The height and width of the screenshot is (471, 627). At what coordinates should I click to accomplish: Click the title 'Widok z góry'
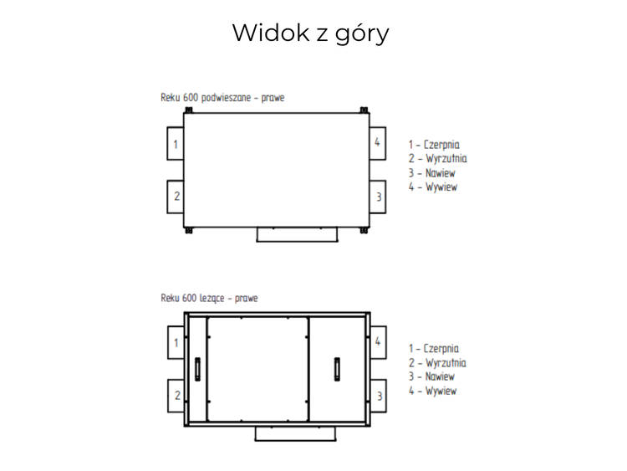pyautogui.click(x=310, y=33)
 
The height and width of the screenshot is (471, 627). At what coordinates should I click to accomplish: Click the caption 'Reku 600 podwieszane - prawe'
pyautogui.click(x=222, y=98)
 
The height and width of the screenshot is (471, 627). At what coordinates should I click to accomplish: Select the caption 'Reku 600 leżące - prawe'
pyautogui.click(x=209, y=298)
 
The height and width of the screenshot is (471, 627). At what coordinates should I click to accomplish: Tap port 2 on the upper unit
pyautogui.click(x=175, y=197)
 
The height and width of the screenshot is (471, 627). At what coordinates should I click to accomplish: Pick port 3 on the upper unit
pyautogui.click(x=379, y=197)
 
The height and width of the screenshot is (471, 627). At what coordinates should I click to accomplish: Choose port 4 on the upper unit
pyautogui.click(x=379, y=143)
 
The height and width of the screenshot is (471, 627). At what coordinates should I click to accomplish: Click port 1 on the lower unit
pyautogui.click(x=175, y=342)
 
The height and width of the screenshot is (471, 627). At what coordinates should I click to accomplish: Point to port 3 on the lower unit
pyautogui.click(x=379, y=395)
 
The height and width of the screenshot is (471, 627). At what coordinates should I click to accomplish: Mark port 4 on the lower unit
pyautogui.click(x=379, y=341)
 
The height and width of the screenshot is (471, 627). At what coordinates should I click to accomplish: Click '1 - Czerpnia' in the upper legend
pyautogui.click(x=434, y=145)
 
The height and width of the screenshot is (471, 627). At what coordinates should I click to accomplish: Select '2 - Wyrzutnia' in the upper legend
pyautogui.click(x=437, y=159)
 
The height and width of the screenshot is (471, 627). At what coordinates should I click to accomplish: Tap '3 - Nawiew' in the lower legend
pyautogui.click(x=432, y=377)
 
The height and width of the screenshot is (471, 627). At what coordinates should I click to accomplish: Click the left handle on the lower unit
pyautogui.click(x=197, y=367)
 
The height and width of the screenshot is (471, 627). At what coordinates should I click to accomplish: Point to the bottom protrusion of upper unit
pyautogui.click(x=296, y=235)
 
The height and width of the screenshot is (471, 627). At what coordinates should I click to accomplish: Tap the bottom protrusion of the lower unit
pyautogui.click(x=296, y=433)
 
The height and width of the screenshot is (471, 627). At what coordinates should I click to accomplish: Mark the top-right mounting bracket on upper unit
pyautogui.click(x=364, y=110)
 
